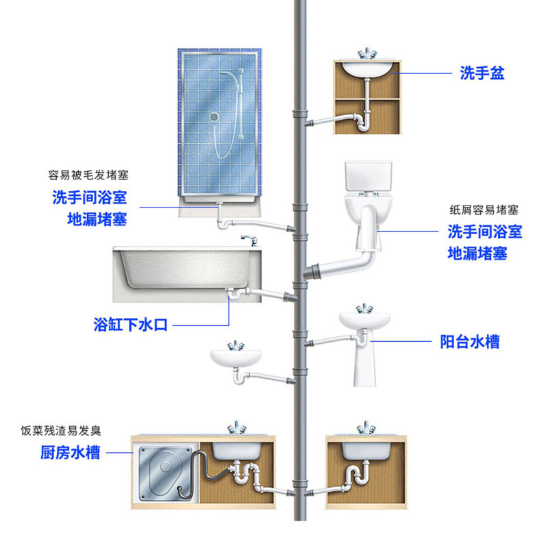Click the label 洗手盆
[482, 73]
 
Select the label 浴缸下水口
[131, 324]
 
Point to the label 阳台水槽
[469, 341]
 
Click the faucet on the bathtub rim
[248, 239]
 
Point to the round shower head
[215, 118]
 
